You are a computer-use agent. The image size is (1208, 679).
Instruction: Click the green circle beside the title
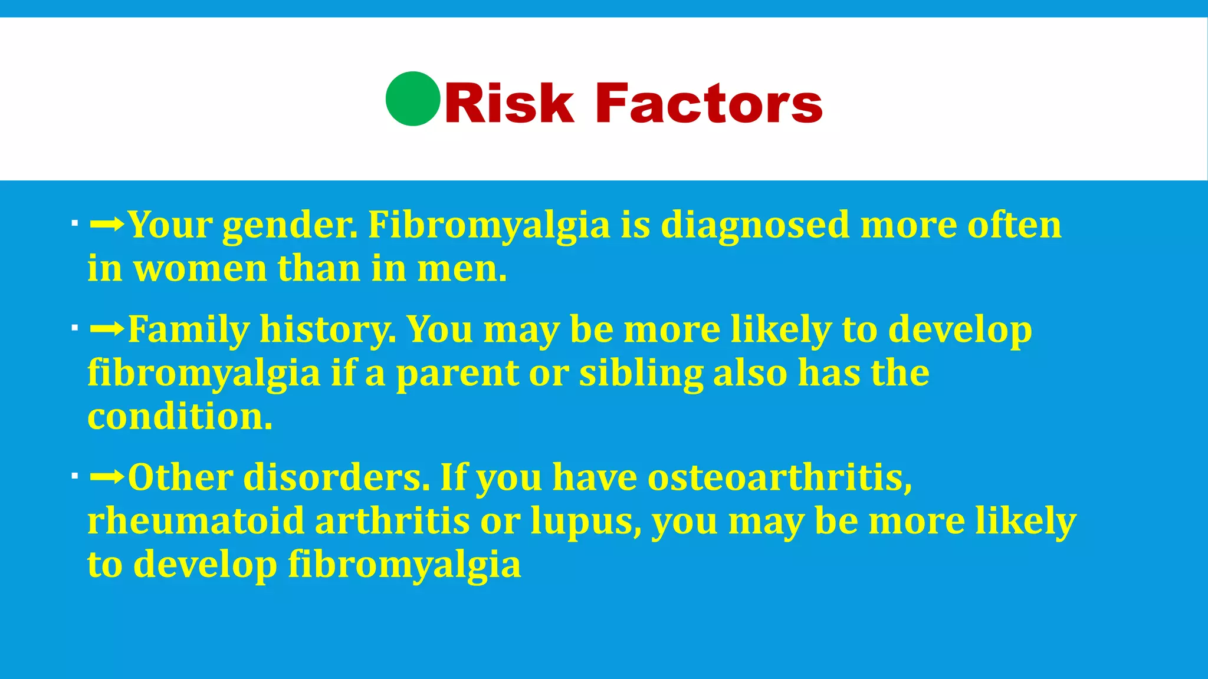pyautogui.click(x=413, y=99)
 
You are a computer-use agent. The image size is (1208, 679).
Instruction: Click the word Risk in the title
pyautogui.click(x=508, y=104)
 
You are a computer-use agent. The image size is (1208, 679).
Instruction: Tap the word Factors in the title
pyautogui.click(x=709, y=104)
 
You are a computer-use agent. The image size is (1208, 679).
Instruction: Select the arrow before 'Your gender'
pyautogui.click(x=107, y=224)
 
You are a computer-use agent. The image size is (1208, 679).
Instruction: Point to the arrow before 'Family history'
pyautogui.click(x=107, y=328)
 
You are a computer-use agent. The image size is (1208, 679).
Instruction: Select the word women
pyautogui.click(x=201, y=269)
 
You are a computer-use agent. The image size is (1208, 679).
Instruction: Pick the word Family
pyautogui.click(x=189, y=330)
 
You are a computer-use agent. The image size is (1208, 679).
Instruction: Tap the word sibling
pyautogui.click(x=641, y=374)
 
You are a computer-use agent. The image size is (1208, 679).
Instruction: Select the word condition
pyautogui.click(x=179, y=417)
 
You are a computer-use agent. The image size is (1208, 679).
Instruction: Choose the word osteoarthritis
pyautogui.click(x=780, y=477)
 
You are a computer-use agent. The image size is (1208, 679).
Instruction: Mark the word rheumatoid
pyautogui.click(x=195, y=522)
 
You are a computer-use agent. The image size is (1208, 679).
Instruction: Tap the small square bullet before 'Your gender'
pyautogui.click(x=74, y=224)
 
